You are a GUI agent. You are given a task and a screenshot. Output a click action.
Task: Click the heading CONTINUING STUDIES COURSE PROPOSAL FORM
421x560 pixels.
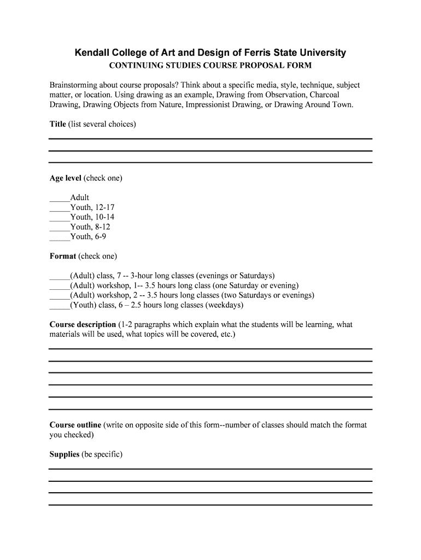coord(210,66)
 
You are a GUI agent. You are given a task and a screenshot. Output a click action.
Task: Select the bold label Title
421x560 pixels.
coord(57,124)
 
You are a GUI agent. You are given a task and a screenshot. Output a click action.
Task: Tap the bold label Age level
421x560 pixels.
coord(65,178)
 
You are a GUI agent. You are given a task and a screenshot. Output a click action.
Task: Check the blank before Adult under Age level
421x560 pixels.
coord(60,198)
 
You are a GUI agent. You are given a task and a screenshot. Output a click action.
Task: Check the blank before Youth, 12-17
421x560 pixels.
coord(60,208)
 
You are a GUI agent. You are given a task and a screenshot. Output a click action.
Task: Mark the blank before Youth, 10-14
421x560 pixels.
coord(60,217)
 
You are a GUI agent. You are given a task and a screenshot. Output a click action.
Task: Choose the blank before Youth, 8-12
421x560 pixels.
coord(60,227)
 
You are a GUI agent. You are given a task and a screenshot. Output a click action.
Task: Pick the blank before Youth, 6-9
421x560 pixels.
coord(60,237)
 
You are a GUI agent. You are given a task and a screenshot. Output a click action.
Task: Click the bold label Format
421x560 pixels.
coord(63,256)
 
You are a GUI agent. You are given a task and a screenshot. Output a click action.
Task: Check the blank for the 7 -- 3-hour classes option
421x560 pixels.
coord(60,276)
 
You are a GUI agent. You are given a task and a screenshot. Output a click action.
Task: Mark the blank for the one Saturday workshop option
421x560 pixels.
coord(60,285)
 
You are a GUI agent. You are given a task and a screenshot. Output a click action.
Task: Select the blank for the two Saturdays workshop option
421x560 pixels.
coord(60,295)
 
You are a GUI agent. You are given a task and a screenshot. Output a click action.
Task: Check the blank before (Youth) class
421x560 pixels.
coord(60,305)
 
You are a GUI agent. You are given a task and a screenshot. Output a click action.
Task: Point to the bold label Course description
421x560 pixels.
coord(83,324)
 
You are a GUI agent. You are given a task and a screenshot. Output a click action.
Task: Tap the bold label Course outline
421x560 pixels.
coord(75,425)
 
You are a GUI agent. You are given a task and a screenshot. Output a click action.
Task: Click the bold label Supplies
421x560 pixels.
coord(65,454)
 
